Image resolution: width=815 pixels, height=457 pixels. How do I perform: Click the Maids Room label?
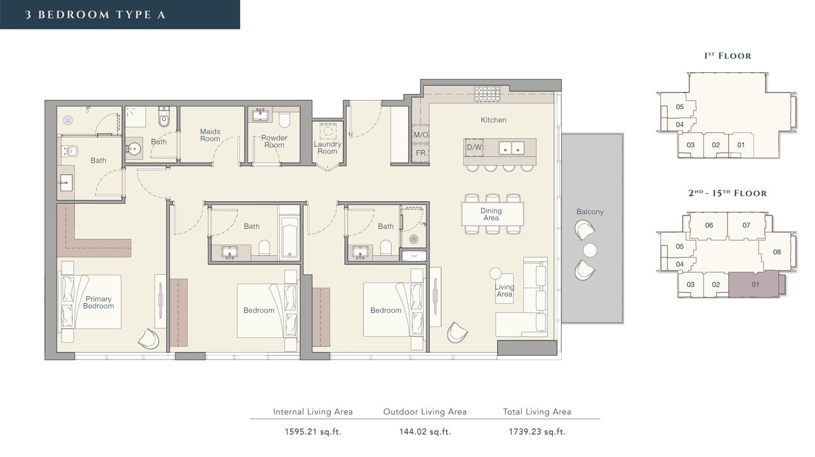pos(210,135)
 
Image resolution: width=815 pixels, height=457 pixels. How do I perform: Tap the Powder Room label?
pos(274,141)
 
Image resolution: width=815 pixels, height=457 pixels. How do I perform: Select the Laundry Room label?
pos(328,147)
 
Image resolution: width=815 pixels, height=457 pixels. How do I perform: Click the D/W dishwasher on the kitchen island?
pos(474,147)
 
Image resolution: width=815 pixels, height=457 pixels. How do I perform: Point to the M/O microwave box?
pos(421,134)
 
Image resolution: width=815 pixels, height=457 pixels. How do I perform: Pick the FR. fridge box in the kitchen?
pos(421,153)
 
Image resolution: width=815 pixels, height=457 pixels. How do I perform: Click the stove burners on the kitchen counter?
pos(487,94)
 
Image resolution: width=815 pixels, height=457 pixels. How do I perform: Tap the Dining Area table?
pos(493,214)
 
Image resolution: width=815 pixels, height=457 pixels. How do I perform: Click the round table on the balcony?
pos(590,250)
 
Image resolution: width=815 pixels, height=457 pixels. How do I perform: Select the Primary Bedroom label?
pos(98,302)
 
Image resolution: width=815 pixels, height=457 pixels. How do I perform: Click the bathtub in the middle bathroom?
pos(290,236)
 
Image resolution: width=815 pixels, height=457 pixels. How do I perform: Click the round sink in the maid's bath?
pos(134,149)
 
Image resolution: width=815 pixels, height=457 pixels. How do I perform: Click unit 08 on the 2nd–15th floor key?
pos(777,252)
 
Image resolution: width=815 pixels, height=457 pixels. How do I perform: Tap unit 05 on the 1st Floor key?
pos(680,107)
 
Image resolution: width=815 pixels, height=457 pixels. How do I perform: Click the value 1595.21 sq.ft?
pos(313,432)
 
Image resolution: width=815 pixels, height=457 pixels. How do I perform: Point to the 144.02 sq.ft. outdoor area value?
pos(425,432)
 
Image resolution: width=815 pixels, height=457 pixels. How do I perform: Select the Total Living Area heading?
pos(537,412)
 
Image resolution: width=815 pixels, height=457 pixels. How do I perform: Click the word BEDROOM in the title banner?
pos(74,15)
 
